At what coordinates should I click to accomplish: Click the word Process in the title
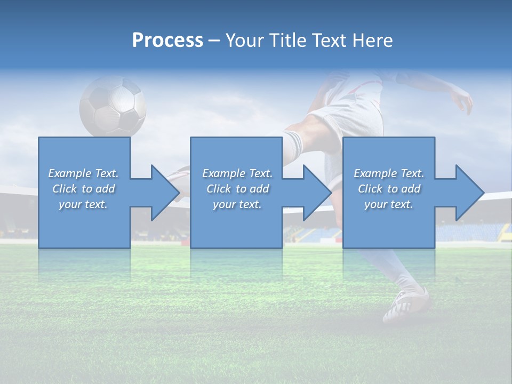tap(167, 41)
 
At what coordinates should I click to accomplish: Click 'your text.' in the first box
tap(83, 204)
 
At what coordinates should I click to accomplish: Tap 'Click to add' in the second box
tap(237, 189)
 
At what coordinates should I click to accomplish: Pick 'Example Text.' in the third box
tap(389, 173)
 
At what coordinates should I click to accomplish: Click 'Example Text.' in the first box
tap(83, 173)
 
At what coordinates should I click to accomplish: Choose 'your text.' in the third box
tap(389, 204)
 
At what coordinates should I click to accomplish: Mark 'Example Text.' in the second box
tap(237, 173)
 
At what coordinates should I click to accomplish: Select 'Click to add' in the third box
tap(389, 189)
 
